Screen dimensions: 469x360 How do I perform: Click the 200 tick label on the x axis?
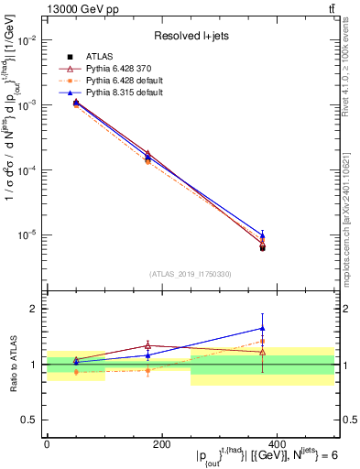pyautogui.click(x=161, y=443)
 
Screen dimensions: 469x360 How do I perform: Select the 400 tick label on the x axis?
pyautogui.click(x=276, y=443)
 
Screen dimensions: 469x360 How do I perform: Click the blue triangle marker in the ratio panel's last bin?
pyautogui.click(x=263, y=328)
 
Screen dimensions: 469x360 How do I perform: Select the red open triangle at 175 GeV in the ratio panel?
pyautogui.click(x=147, y=345)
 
